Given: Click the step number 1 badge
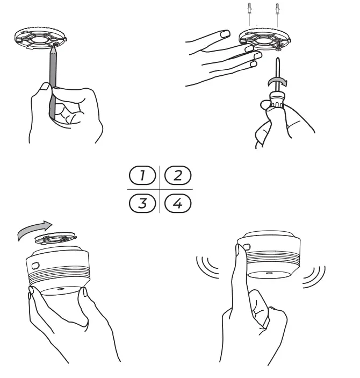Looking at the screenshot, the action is pyautogui.click(x=142, y=175).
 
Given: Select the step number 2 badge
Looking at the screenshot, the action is pyautogui.click(x=178, y=175).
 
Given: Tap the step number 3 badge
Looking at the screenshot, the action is pyautogui.click(x=142, y=203).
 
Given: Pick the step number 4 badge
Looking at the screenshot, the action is pyautogui.click(x=178, y=203).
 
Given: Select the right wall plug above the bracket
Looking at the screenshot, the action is pyautogui.click(x=277, y=9).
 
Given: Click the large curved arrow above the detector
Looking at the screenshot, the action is pyautogui.click(x=34, y=229).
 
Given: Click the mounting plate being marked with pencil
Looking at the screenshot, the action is pyautogui.click(x=40, y=38).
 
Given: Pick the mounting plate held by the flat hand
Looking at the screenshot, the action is pyautogui.click(x=265, y=39).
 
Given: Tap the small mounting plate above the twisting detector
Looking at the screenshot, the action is pyautogui.click(x=56, y=238).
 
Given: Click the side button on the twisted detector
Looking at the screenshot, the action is pyautogui.click(x=35, y=266).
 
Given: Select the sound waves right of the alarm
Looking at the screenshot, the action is pyautogui.click(x=314, y=277).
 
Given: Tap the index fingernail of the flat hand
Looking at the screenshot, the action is pyautogui.click(x=225, y=34).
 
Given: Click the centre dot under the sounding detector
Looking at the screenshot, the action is pyautogui.click(x=268, y=273).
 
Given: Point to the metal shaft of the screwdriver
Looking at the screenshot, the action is pyautogui.click(x=278, y=75).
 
